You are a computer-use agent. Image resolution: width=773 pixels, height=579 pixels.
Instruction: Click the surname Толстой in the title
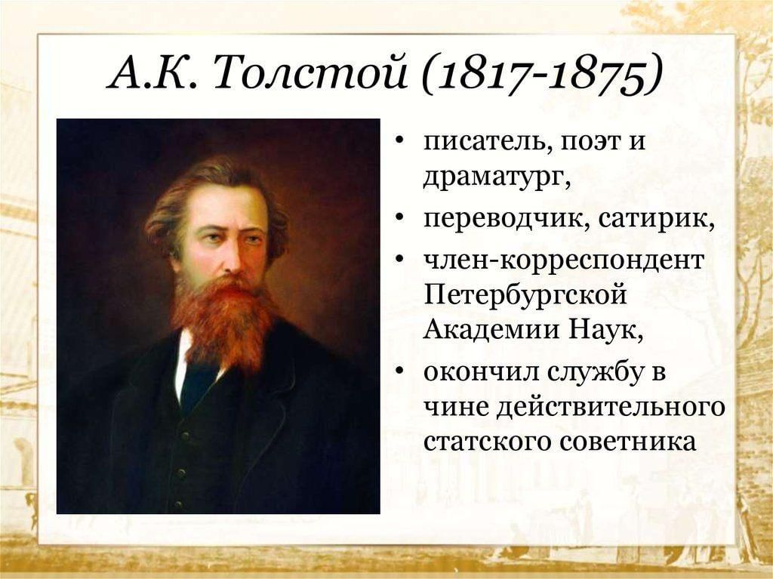pyautogui.click(x=310, y=75)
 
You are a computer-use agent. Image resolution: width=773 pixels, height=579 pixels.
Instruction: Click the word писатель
pyautogui.click(x=484, y=142)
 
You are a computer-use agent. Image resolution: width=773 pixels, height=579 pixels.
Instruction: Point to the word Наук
pyautogui.click(x=602, y=329)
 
